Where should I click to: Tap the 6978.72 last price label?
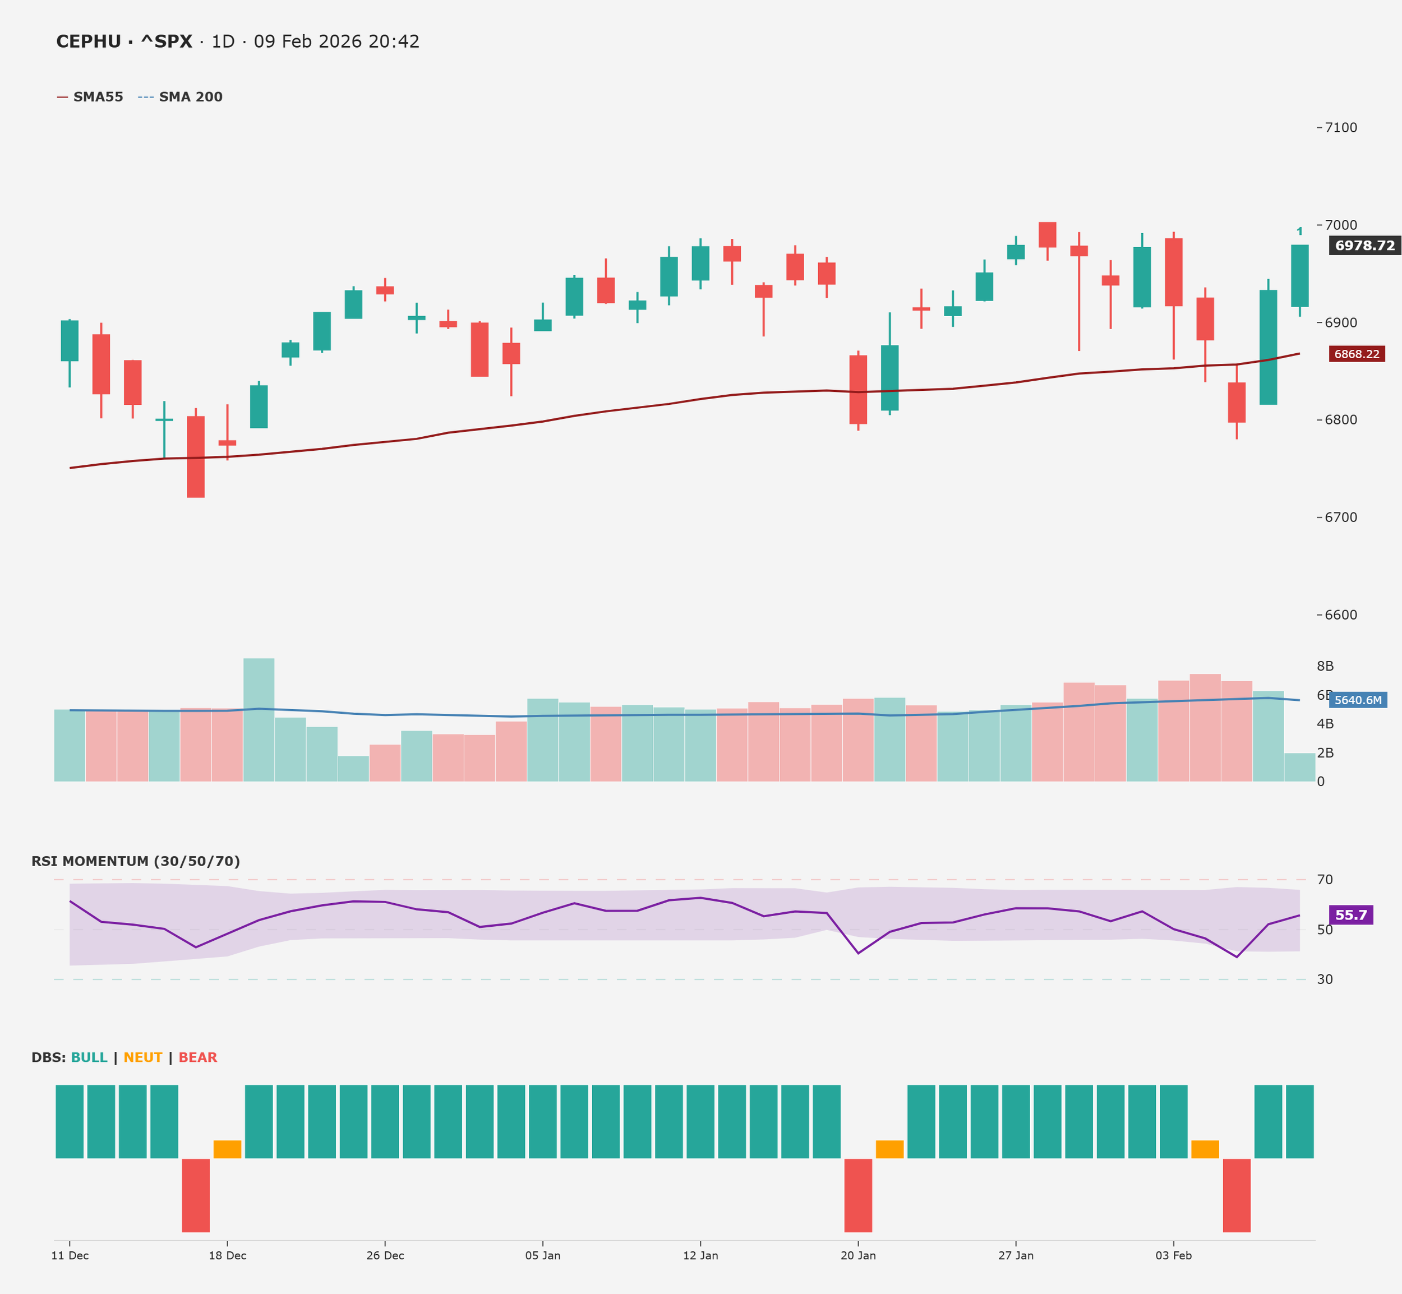point(1364,245)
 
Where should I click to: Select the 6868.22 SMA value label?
point(1356,354)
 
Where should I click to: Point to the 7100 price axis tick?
point(1340,127)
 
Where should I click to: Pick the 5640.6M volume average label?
point(1357,700)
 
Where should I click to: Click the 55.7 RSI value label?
point(1350,915)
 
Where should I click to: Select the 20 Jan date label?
point(858,1255)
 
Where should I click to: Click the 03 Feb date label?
point(1173,1255)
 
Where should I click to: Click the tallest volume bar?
point(259,720)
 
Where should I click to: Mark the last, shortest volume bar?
point(1299,768)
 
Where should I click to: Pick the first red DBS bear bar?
point(195,1195)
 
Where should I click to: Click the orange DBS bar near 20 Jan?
point(889,1149)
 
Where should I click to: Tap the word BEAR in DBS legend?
point(197,1057)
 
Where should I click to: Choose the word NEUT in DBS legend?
point(143,1057)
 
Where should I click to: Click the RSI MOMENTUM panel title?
point(135,861)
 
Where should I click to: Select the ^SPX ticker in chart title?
point(166,41)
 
